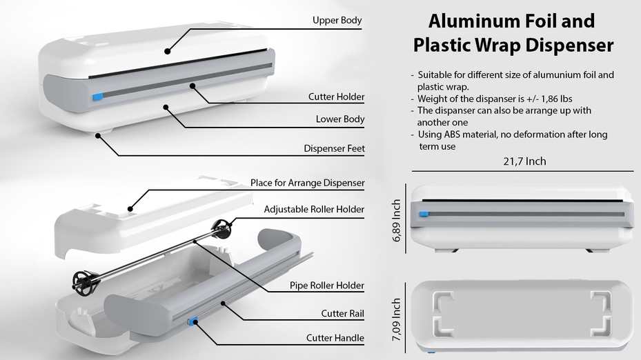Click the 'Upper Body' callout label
[x=337, y=20]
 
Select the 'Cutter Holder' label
[x=336, y=97]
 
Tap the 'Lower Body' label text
[x=339, y=119]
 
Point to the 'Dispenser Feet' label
[x=334, y=148]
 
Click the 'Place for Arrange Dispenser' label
[x=307, y=183]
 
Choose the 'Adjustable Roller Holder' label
[x=314, y=209]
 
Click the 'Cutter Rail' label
[x=342, y=314]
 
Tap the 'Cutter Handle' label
[x=335, y=338]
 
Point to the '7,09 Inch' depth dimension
[x=397, y=319]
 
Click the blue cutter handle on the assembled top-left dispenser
[x=97, y=97]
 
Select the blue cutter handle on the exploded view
[x=193, y=320]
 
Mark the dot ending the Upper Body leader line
[x=167, y=50]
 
